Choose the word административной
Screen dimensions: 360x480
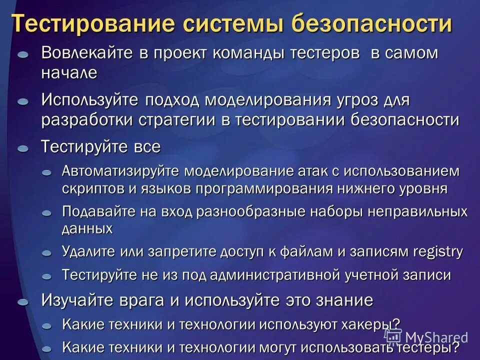point(277,274)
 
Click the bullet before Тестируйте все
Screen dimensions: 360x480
point(23,149)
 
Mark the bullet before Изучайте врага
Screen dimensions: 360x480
point(23,302)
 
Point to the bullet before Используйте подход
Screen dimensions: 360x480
point(23,101)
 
